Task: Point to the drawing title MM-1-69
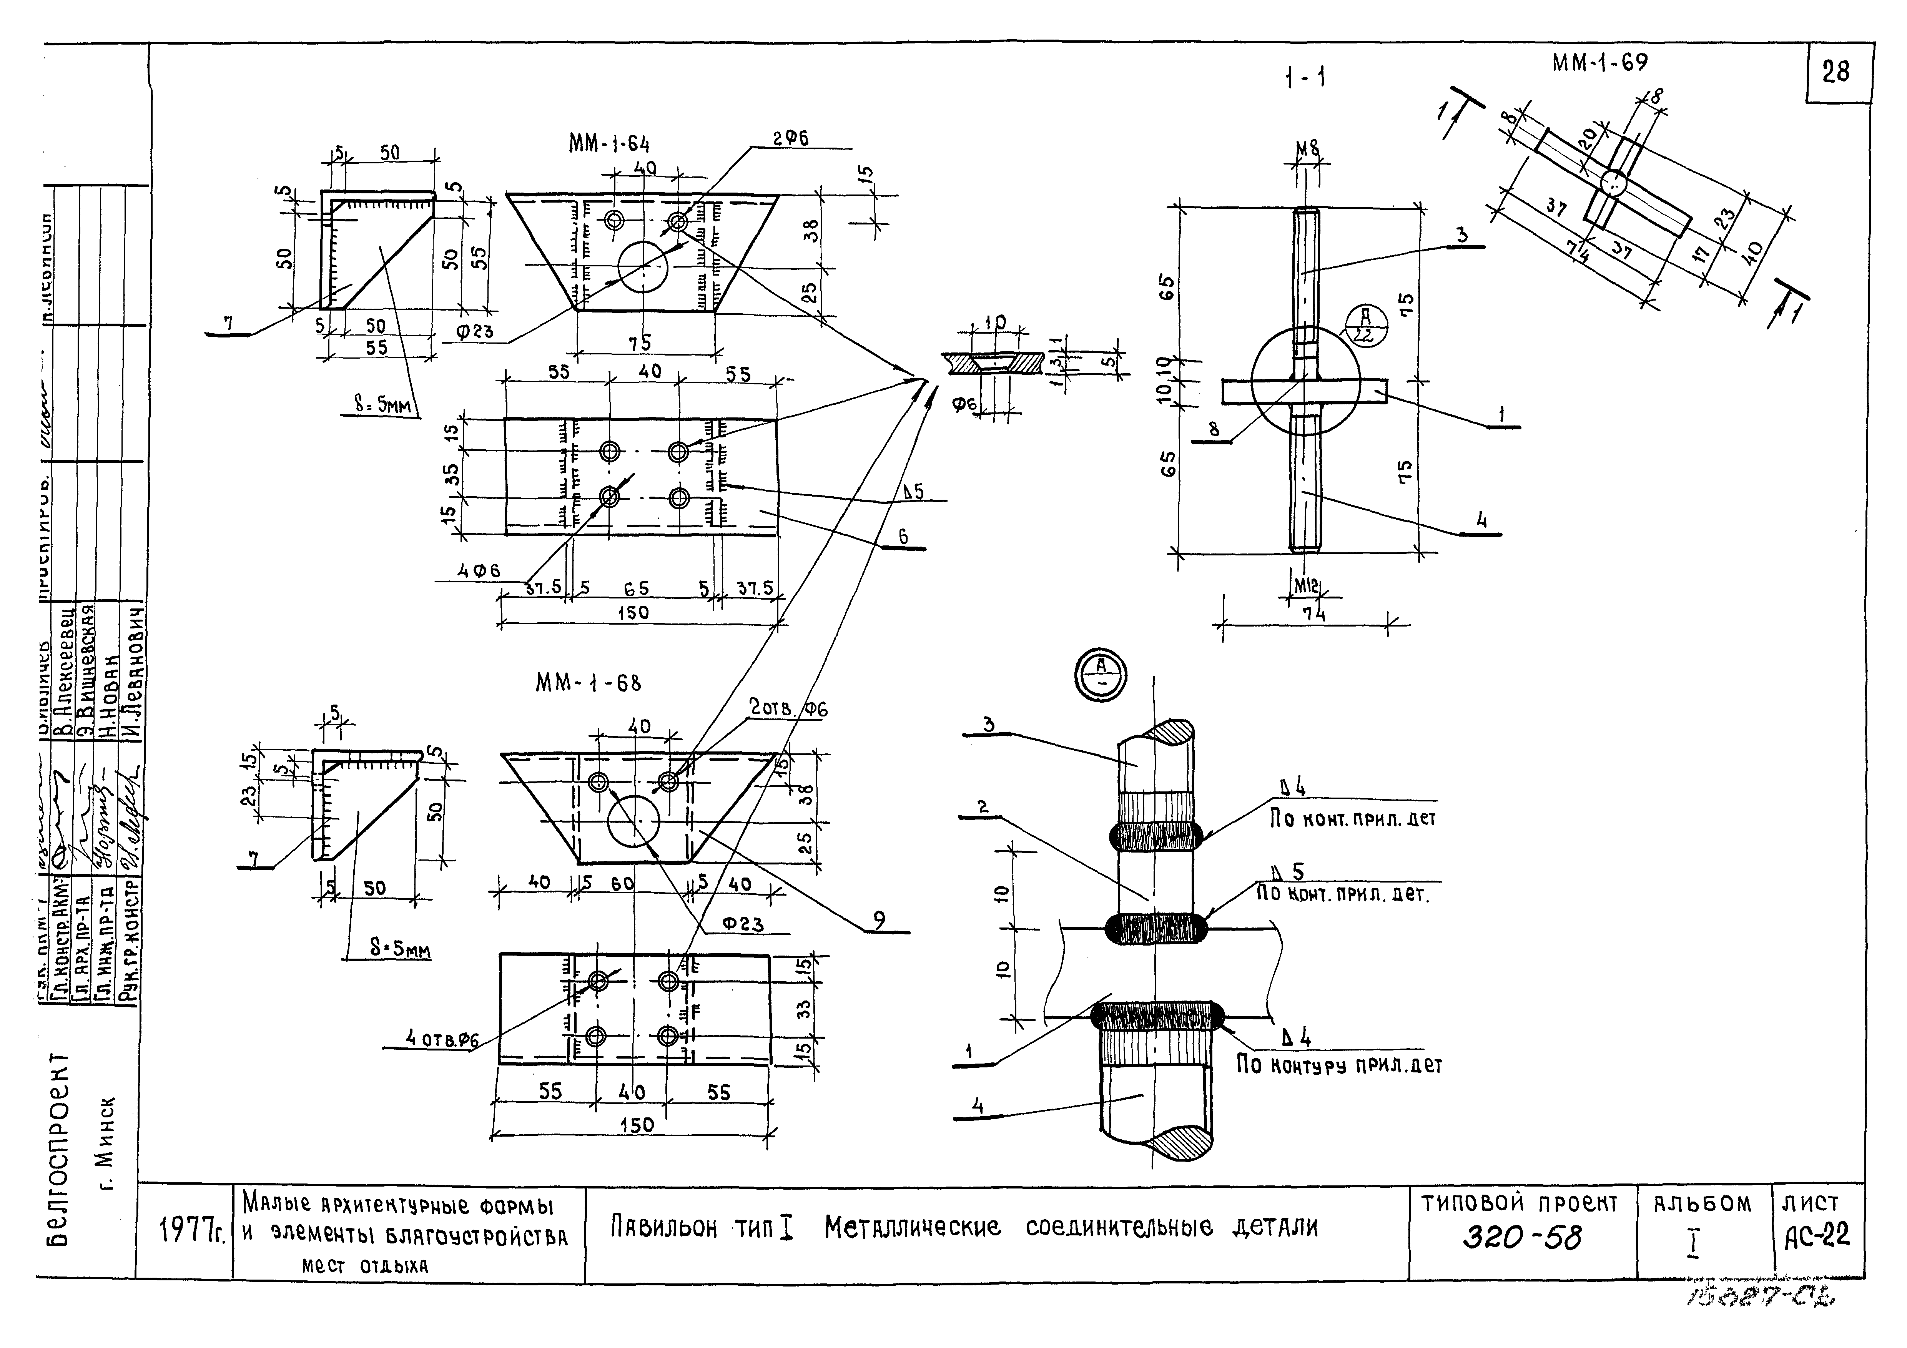1599,64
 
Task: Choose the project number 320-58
1521,1238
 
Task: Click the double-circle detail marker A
1101,675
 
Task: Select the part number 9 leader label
879,919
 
